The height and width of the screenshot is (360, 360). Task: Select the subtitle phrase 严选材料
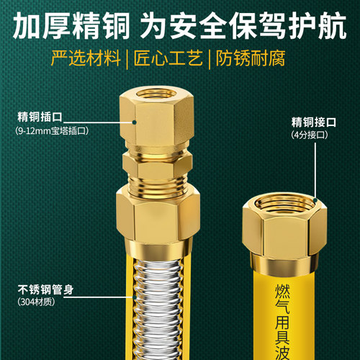point(86,58)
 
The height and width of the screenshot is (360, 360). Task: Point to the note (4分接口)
point(310,134)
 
